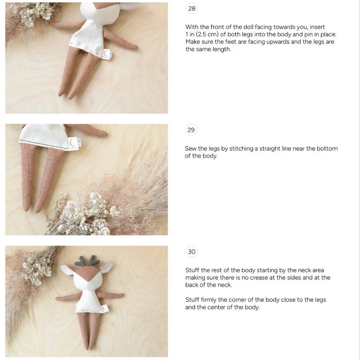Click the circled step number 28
point(192,9)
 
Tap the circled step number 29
point(191,130)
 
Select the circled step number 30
point(192,252)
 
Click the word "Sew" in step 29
point(190,148)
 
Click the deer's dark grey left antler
point(80,261)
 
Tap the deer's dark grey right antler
point(94,260)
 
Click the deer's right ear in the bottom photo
point(107,267)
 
